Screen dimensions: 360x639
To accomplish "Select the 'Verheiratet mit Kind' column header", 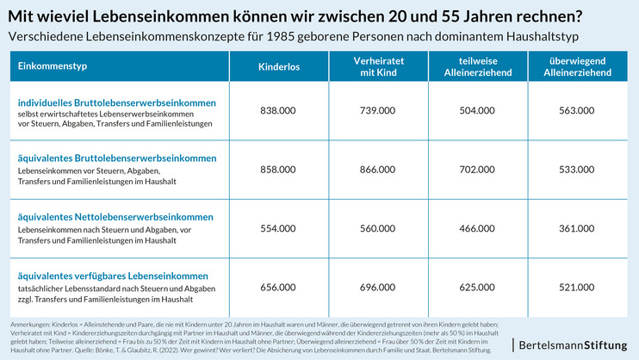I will [x=374, y=66].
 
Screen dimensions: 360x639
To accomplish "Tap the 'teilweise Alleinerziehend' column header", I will [x=476, y=66].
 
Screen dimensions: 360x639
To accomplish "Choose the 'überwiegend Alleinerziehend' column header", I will [x=576, y=66].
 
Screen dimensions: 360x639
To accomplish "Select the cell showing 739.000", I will [x=376, y=110].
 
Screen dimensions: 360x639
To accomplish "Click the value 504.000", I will [x=476, y=110].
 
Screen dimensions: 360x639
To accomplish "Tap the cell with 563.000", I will [x=576, y=110].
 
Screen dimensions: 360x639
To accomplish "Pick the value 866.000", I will [x=376, y=170].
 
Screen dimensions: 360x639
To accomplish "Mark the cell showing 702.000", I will [x=476, y=170].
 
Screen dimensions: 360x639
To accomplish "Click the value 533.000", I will [x=576, y=170].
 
